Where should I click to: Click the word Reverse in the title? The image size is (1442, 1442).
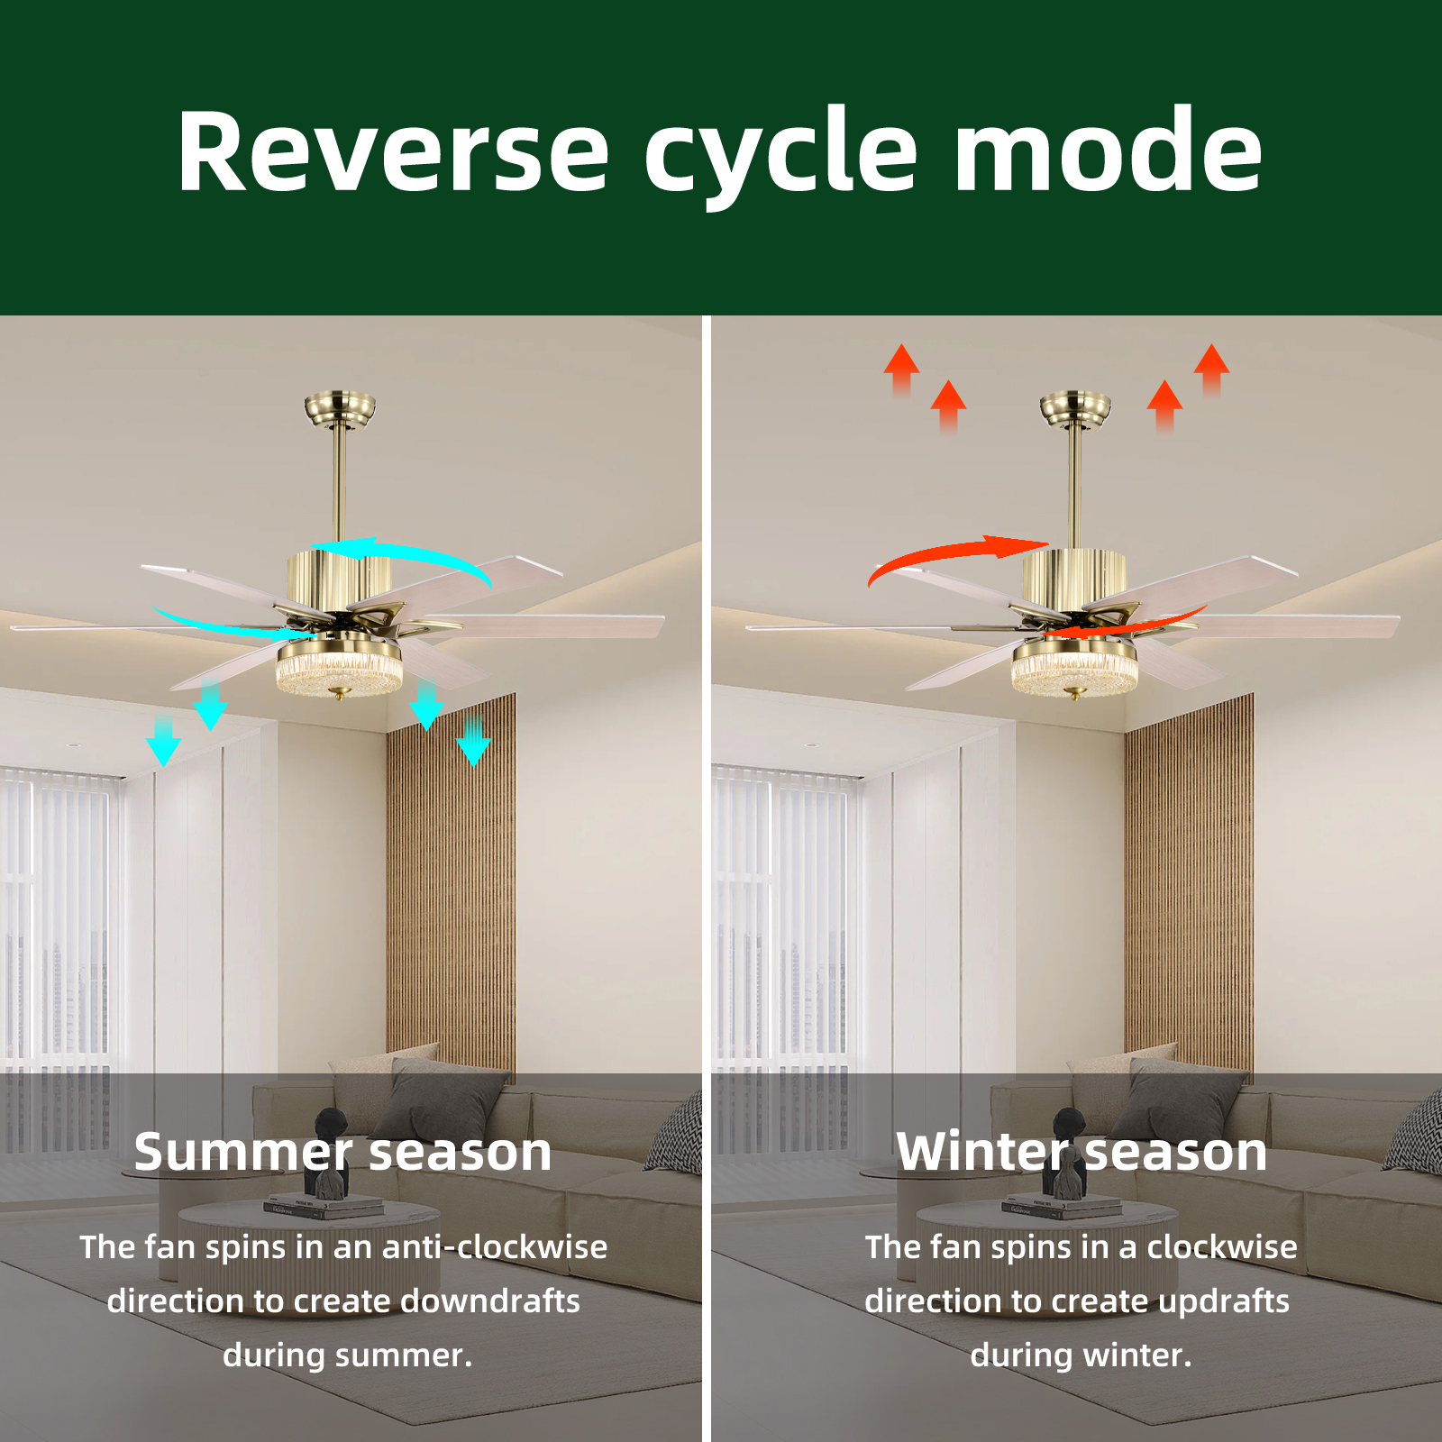[x=394, y=151]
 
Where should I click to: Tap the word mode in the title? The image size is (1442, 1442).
[x=1108, y=149]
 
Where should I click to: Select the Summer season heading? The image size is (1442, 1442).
[x=342, y=1152]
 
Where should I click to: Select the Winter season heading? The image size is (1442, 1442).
[x=1081, y=1152]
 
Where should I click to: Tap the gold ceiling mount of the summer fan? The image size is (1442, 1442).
[x=340, y=407]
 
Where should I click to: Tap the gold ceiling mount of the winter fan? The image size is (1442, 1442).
[x=1075, y=407]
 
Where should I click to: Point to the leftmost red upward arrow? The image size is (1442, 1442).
[x=901, y=370]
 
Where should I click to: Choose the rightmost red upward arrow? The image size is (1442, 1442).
[x=1211, y=370]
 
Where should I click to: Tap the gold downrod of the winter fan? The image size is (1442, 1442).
[x=1074, y=487]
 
